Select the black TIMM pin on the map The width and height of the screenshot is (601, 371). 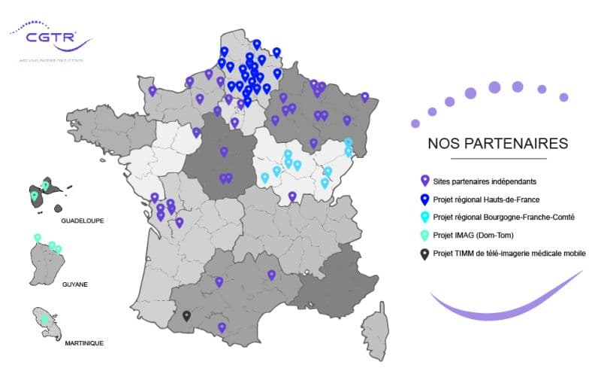pyautogui.click(x=187, y=316)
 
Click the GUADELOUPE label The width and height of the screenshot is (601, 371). pyautogui.click(x=82, y=221)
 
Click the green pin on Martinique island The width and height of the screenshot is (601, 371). pyautogui.click(x=44, y=319)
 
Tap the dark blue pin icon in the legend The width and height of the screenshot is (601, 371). pyautogui.click(x=424, y=199)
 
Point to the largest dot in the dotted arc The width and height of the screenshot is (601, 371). pyautogui.click(x=494, y=87)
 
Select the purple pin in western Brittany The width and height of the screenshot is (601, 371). pyautogui.click(x=153, y=91)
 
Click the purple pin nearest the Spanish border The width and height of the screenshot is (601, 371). pyautogui.click(x=221, y=327)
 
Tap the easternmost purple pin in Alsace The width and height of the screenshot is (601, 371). pyautogui.click(x=365, y=97)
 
